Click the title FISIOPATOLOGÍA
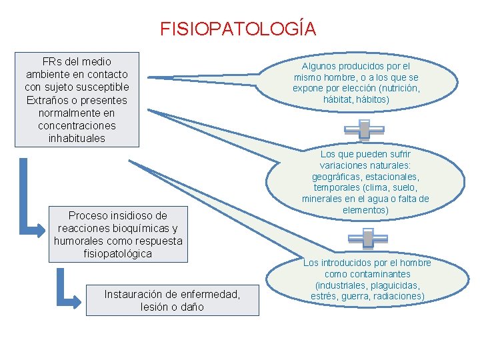click(x=238, y=29)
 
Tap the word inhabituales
click(x=77, y=139)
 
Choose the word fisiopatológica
click(x=118, y=254)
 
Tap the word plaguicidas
click(x=395, y=285)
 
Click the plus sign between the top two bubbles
click(x=364, y=129)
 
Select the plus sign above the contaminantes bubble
click(x=366, y=238)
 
